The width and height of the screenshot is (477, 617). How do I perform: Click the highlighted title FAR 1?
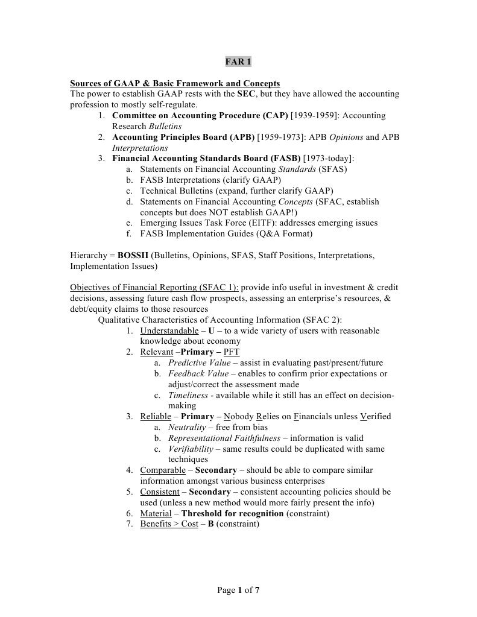tap(238, 62)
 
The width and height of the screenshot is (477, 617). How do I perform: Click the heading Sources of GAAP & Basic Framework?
tap(175, 83)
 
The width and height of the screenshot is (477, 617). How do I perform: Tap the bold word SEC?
tap(246, 94)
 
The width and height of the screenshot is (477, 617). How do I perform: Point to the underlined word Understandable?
tap(169, 331)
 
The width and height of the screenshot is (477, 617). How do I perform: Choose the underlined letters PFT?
tap(231, 352)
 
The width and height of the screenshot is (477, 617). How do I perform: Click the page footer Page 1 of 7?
tap(238, 590)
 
